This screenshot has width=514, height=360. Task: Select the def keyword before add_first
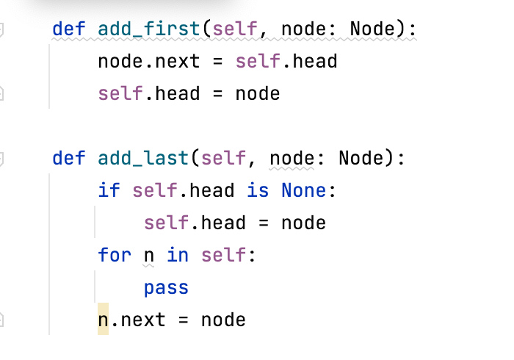point(69,29)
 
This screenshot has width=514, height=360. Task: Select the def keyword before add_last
point(69,158)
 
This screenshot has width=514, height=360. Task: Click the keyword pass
point(166,287)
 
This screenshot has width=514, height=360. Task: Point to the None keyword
point(303,190)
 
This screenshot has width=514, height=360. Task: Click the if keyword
point(109,190)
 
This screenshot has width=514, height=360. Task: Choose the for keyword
point(115,255)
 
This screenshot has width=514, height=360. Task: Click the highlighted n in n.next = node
point(103,320)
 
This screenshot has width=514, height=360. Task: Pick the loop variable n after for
point(149,255)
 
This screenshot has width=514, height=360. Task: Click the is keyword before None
point(258,190)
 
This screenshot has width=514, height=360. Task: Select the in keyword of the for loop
point(177,255)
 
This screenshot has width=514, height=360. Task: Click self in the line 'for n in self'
point(223,255)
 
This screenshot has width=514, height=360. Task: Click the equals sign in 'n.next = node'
point(183,320)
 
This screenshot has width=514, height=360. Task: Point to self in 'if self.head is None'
point(154,190)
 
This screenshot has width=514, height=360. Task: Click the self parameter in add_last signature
point(223,158)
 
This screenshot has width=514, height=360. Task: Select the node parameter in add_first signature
point(303,29)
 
